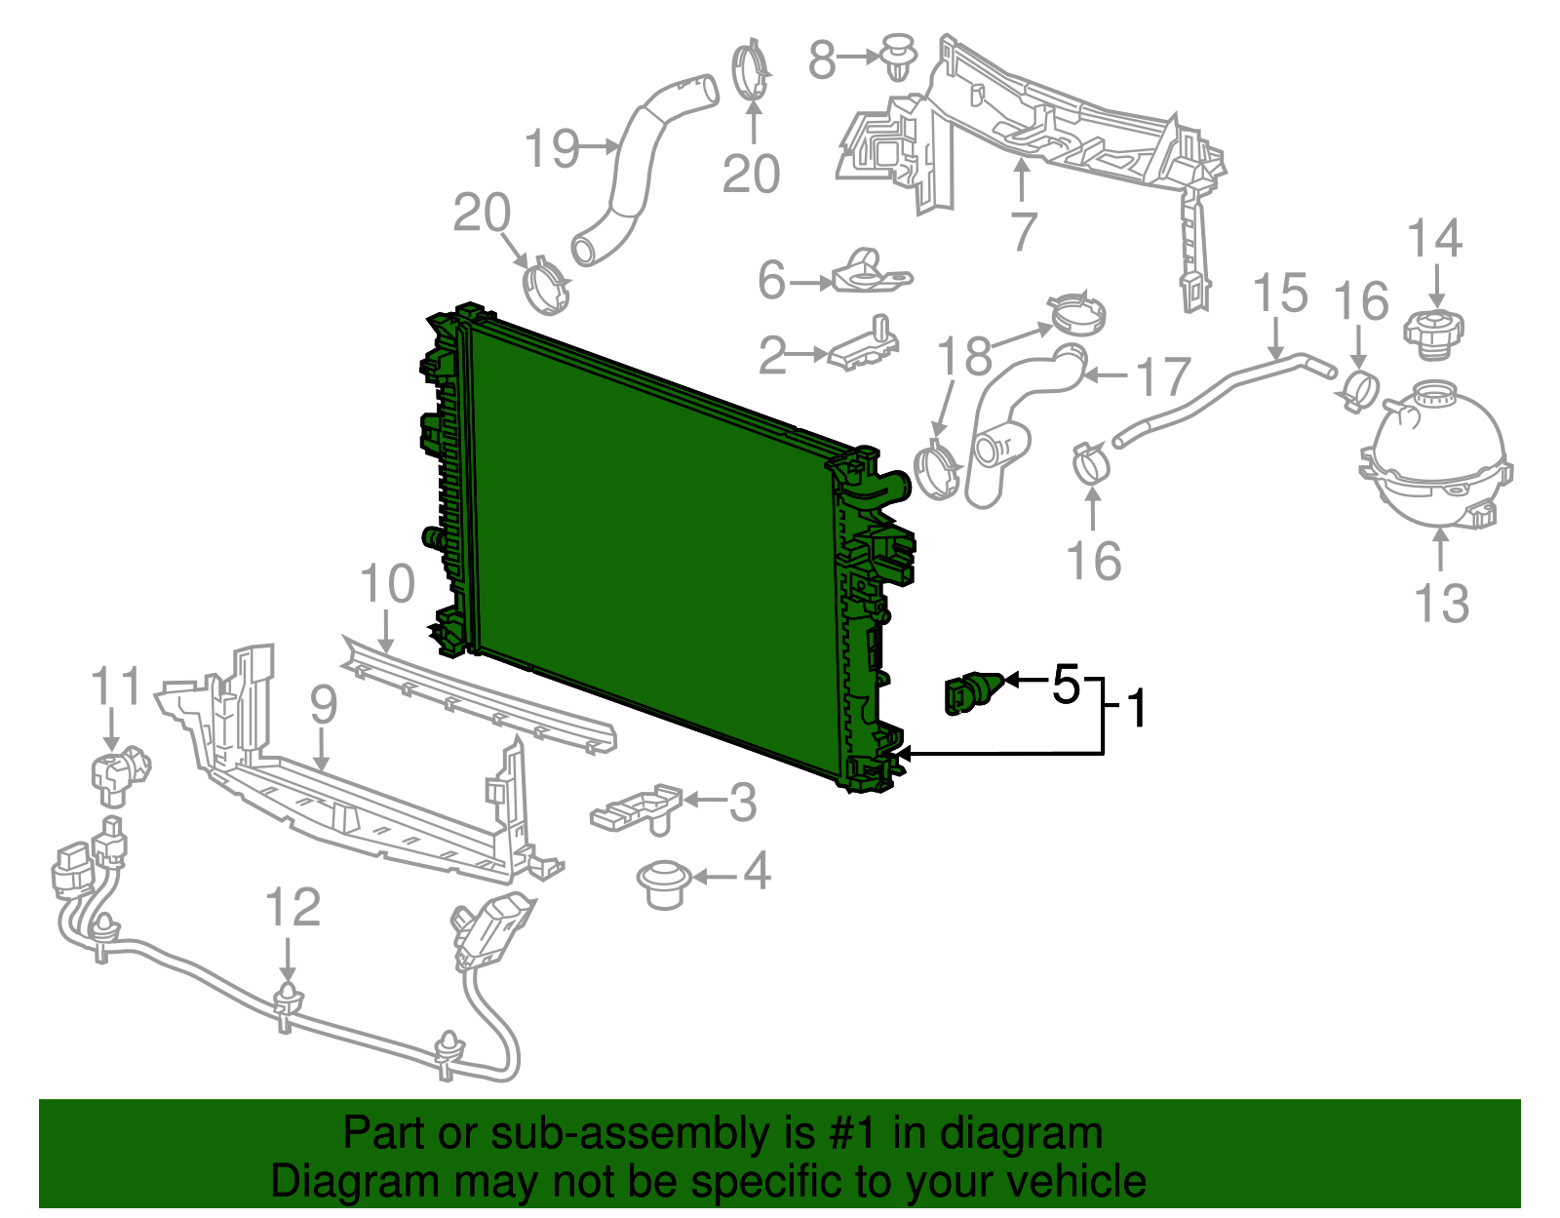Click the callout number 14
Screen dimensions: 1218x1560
pos(1435,238)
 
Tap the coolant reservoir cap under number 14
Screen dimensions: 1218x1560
pos(1433,332)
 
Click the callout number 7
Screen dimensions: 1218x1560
pos(1023,230)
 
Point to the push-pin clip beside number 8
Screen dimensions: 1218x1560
pos(899,56)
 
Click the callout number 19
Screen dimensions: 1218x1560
pos(552,148)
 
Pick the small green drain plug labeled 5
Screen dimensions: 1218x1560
pos(971,691)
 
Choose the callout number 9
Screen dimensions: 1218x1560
pos(323,703)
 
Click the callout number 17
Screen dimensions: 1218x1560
pos(1164,376)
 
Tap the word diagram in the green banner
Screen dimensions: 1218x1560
pos(1041,1133)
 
